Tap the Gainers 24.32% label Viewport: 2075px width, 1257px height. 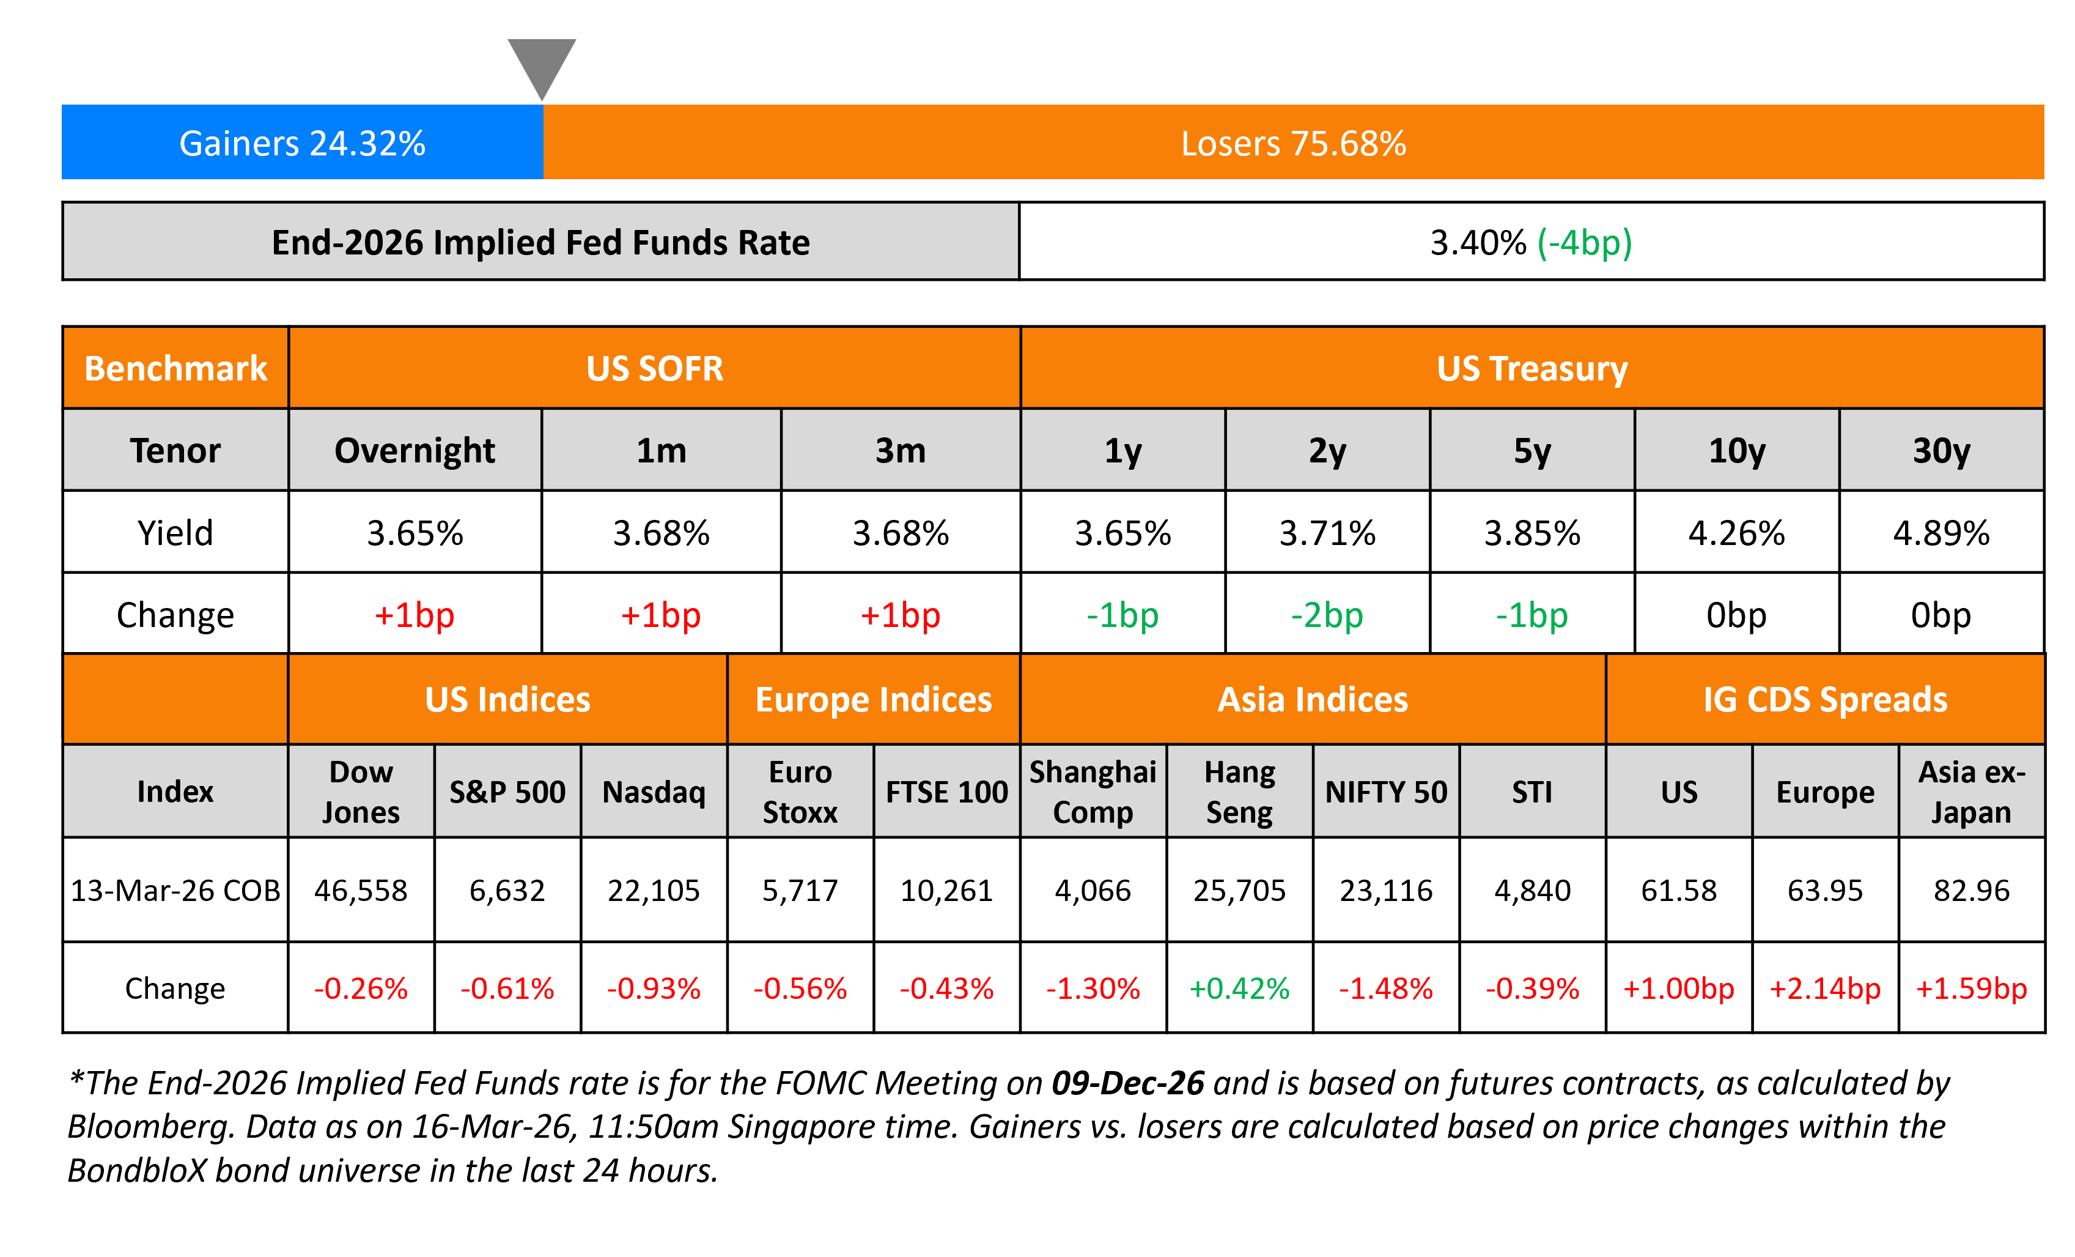tap(302, 143)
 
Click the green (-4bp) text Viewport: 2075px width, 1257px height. tap(1584, 243)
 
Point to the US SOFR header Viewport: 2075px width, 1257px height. tap(654, 368)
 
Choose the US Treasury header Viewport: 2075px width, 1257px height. tap(1532, 368)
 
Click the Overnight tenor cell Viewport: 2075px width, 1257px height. tap(415, 451)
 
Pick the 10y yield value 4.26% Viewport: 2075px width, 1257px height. tap(1736, 532)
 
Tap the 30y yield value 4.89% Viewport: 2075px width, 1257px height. tap(1941, 532)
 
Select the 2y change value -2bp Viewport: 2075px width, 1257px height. tap(1327, 615)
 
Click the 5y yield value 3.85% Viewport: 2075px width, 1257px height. tap(1532, 532)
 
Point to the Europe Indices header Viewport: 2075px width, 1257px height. tap(873, 699)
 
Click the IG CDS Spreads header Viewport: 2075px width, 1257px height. tap(1825, 699)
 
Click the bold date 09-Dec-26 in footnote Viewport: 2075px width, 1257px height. tap(1127, 1083)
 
